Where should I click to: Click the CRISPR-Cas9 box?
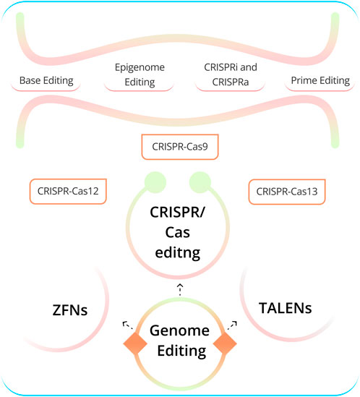[180, 147]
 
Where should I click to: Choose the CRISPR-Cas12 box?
[67, 192]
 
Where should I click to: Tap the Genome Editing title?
[180, 341]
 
